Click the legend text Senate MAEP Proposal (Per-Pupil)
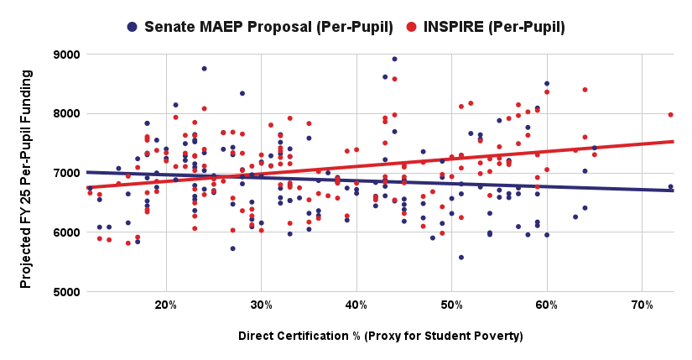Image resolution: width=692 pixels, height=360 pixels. click(x=268, y=27)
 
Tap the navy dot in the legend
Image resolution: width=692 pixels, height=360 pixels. click(x=132, y=27)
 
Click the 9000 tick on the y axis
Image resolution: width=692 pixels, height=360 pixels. click(x=66, y=55)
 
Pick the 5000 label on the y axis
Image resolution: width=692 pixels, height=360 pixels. click(x=66, y=292)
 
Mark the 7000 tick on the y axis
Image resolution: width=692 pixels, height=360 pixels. click(x=66, y=173)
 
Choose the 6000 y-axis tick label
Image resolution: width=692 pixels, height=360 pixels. click(x=66, y=232)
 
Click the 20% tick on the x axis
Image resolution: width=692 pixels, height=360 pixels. click(x=166, y=303)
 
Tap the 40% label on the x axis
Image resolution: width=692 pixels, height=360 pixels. click(x=356, y=303)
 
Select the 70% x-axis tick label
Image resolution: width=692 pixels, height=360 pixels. click(x=642, y=303)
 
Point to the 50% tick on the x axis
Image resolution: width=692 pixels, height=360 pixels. click(x=451, y=303)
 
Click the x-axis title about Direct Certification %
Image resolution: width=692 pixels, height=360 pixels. click(x=380, y=337)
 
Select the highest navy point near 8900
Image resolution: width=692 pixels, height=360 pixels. click(x=394, y=59)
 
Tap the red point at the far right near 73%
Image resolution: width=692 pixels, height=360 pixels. click(x=670, y=114)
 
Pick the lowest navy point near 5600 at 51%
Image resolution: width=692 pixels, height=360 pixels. click(x=461, y=257)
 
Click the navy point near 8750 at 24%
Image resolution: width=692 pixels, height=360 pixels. click(x=205, y=69)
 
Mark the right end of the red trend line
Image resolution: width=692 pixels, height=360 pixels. click(x=673, y=141)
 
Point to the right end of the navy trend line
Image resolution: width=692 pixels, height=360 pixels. click(x=673, y=190)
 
